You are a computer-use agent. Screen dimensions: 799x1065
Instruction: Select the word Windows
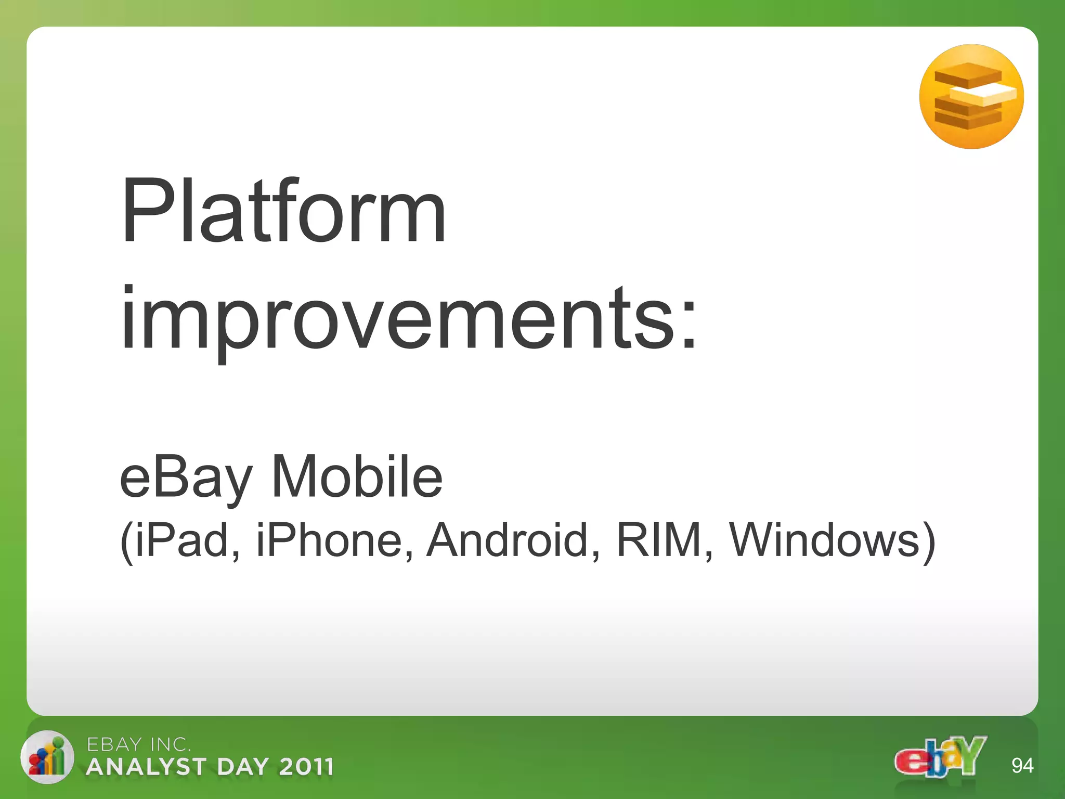point(824,540)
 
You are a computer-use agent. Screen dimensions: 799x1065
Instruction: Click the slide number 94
point(1022,766)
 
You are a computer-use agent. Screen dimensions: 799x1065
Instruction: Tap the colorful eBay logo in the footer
point(940,757)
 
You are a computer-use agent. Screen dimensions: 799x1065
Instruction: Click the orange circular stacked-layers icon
point(971,97)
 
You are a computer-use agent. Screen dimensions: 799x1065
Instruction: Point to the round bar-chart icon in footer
point(47,757)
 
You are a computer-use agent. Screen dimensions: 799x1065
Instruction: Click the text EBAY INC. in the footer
point(138,745)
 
